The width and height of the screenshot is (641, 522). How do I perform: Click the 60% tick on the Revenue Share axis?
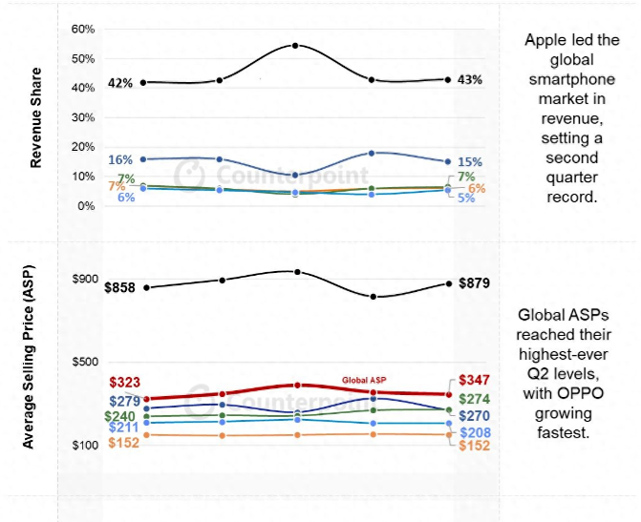click(83, 29)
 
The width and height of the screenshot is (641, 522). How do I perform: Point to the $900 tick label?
click(84, 279)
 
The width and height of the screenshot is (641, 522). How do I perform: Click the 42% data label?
click(119, 82)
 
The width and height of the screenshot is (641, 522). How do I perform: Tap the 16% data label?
click(120, 159)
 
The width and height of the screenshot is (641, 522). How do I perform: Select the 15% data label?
click(469, 162)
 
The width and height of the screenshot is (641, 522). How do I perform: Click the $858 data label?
click(122, 287)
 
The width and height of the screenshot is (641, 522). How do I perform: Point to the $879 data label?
click(475, 282)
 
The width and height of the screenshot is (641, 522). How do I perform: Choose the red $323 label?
click(125, 382)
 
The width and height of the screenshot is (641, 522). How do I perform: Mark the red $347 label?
click(475, 380)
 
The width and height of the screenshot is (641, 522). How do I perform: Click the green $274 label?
click(475, 399)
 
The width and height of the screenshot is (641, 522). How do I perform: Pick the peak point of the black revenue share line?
click(295, 45)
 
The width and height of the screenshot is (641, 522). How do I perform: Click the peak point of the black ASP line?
click(297, 272)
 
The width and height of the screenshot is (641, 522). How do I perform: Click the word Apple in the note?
click(544, 41)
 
